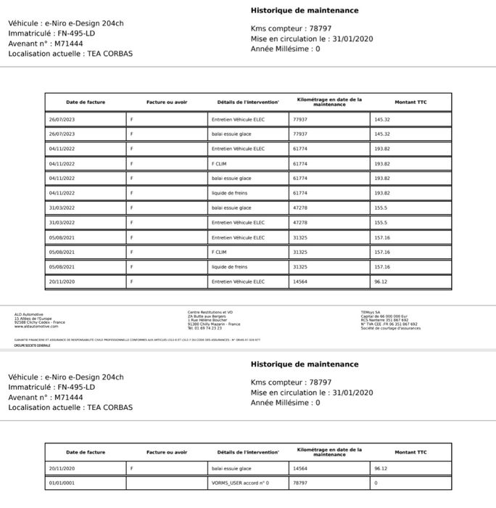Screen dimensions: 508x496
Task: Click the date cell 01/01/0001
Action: pyautogui.click(x=62, y=483)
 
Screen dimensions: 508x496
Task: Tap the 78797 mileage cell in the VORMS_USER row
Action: pyautogui.click(x=301, y=483)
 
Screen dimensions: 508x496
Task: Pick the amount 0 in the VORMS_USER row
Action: pyautogui.click(x=376, y=483)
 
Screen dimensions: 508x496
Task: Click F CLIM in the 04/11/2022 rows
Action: pyautogui.click(x=219, y=163)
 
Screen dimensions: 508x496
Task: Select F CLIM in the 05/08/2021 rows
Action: pyautogui.click(x=219, y=252)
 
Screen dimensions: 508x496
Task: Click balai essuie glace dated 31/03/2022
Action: pyautogui.click(x=231, y=208)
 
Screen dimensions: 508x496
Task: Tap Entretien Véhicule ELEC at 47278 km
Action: pyautogui.click(x=238, y=222)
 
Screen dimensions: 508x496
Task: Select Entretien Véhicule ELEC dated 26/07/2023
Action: pyautogui.click(x=238, y=119)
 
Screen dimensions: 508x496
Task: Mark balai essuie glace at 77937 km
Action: pyautogui.click(x=231, y=134)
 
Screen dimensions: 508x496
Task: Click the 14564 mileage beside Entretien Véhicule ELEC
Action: pyautogui.click(x=300, y=282)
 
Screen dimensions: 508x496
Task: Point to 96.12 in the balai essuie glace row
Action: pyautogui.click(x=381, y=468)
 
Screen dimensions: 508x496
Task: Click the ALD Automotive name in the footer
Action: pyautogui.click(x=29, y=314)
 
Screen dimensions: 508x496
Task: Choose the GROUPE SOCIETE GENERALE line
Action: pyautogui.click(x=33, y=345)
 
